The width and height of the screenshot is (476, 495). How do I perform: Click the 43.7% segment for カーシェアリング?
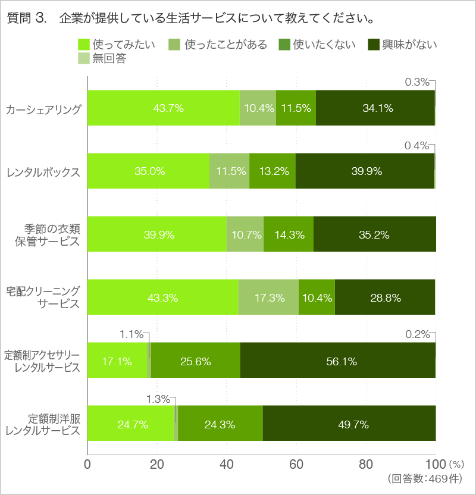[164, 108]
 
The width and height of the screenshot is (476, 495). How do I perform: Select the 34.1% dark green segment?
[375, 108]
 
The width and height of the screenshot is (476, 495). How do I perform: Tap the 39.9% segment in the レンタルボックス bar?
[365, 171]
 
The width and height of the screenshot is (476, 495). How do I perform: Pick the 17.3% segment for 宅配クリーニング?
[268, 297]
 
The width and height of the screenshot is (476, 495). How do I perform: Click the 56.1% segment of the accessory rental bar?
[337, 360]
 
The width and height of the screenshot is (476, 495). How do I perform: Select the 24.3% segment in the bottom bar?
[220, 423]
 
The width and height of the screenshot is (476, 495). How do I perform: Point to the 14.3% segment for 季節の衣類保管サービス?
[289, 234]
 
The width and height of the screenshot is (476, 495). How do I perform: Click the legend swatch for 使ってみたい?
[83, 45]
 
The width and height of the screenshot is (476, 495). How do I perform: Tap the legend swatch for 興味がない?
[374, 45]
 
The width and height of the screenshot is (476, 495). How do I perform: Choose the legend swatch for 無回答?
[83, 58]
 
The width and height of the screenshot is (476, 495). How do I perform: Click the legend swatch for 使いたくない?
[284, 45]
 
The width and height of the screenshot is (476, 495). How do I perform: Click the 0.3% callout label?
[416, 82]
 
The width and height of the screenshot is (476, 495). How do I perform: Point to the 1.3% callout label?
[158, 399]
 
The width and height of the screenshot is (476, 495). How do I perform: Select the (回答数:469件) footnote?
[423, 478]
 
